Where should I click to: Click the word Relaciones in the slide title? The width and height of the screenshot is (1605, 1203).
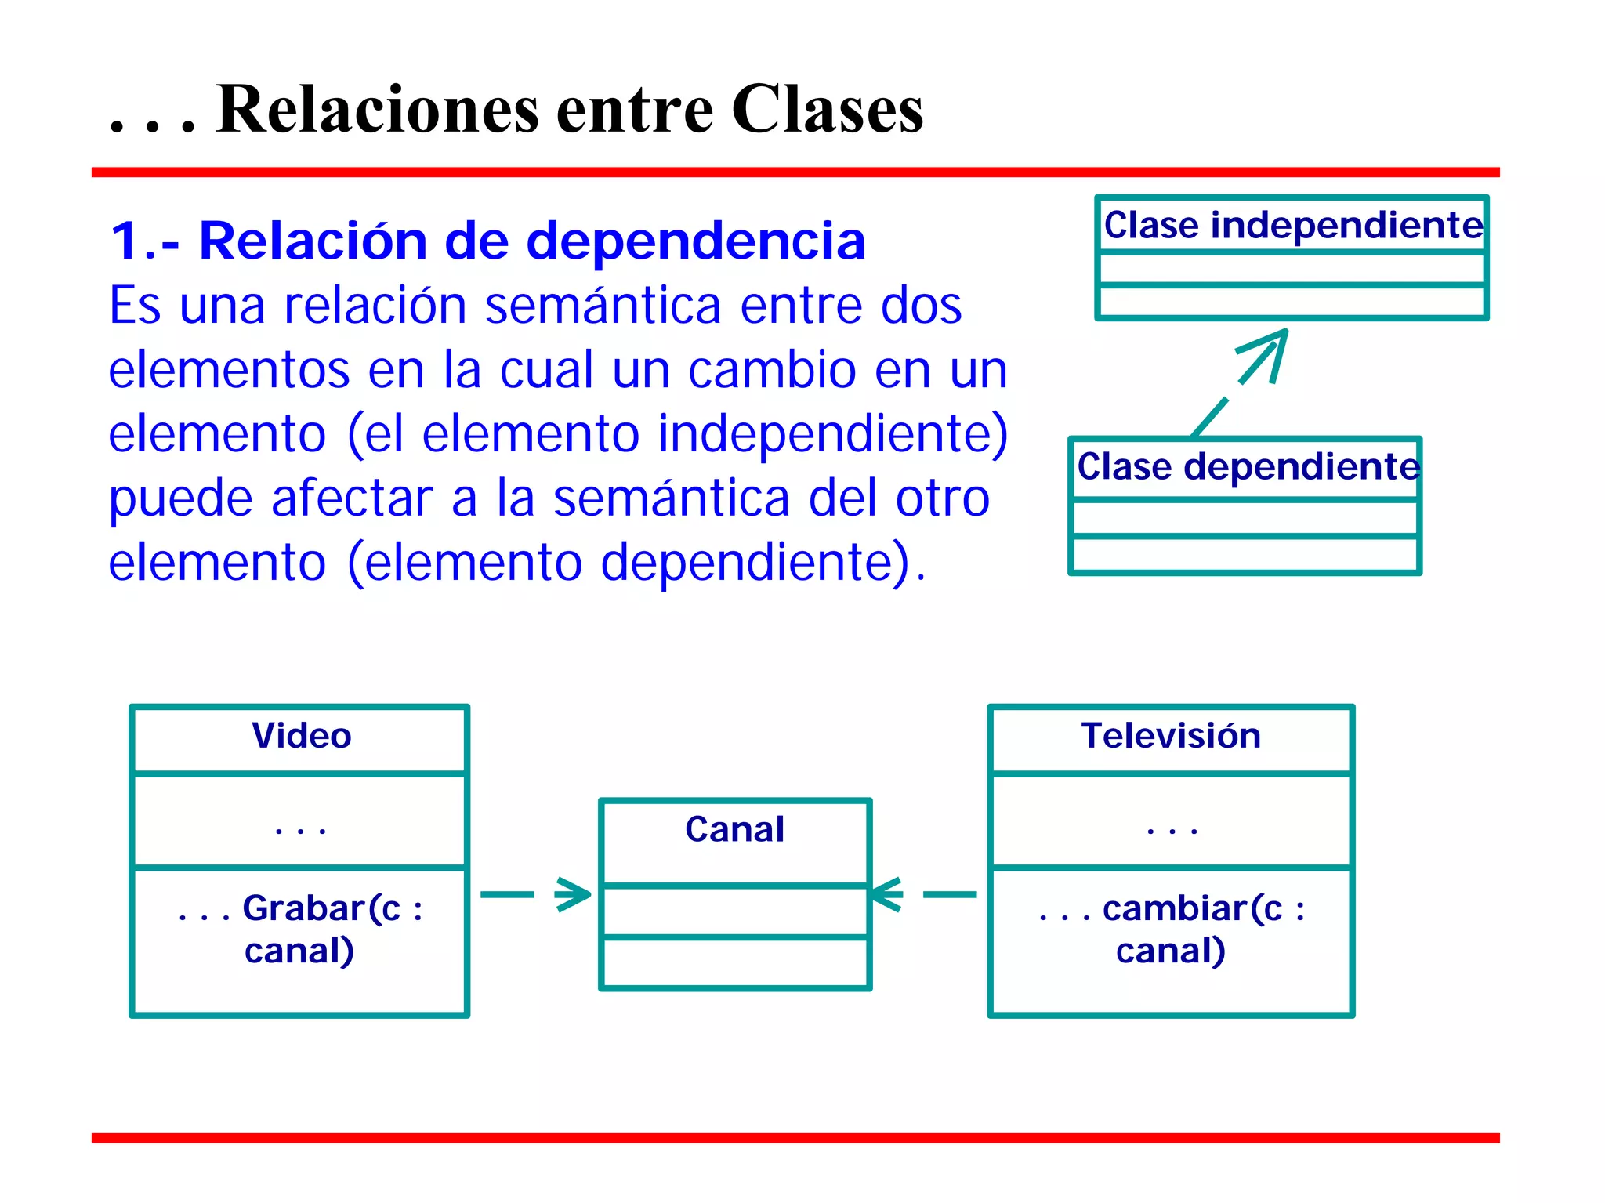coord(377,110)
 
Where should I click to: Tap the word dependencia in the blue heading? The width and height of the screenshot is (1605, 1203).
coord(695,241)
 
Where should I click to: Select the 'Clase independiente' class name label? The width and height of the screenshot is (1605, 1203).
coord(1292,226)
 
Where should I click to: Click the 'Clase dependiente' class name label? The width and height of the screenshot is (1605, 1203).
coord(1248,467)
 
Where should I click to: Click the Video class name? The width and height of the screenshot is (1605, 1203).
coord(301,736)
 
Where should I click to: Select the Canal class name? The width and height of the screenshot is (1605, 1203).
coord(734,829)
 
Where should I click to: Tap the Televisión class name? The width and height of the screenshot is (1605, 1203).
coord(1171,736)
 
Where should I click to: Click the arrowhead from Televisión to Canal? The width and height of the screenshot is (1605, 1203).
coord(886,894)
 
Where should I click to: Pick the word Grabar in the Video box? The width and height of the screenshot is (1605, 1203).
coord(304,909)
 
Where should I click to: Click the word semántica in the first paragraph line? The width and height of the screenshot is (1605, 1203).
coord(602,306)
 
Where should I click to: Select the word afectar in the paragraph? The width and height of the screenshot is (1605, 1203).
coord(352,498)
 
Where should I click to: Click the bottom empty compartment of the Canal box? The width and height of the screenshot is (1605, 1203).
coord(734,962)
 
